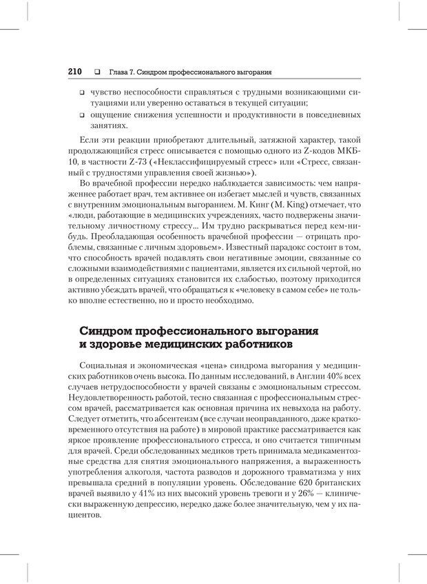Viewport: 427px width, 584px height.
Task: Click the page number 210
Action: click(75, 71)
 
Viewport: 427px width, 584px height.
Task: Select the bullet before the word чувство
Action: click(81, 92)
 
